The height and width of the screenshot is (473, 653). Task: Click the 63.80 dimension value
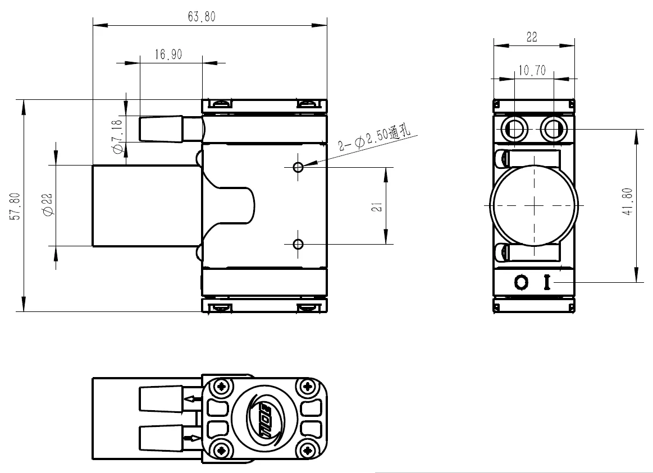pyautogui.click(x=202, y=17)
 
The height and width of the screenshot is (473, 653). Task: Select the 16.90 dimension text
pyautogui.click(x=168, y=54)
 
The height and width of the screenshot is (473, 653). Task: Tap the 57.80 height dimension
pyautogui.click(x=15, y=206)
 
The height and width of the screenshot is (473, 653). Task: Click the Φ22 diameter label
pyautogui.click(x=48, y=205)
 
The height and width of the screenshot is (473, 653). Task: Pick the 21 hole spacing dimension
pyautogui.click(x=377, y=206)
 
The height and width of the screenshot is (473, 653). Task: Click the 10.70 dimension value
pyautogui.click(x=532, y=70)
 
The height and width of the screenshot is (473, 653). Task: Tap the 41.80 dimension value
pyautogui.click(x=627, y=202)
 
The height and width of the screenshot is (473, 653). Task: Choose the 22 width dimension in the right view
pyautogui.click(x=532, y=37)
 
